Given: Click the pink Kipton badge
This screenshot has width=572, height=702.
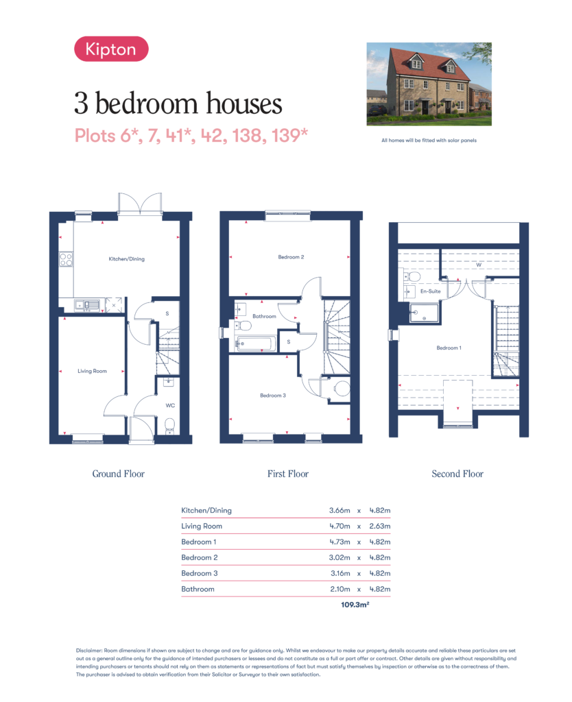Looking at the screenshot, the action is pos(111,49).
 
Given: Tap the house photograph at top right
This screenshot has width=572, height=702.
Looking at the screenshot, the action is pos(429,84).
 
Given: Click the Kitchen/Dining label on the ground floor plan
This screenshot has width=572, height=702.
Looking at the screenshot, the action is pos(127,258).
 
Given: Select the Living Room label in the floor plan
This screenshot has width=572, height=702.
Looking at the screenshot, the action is pos(93,371).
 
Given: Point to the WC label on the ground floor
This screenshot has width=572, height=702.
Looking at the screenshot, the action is pos(170,406).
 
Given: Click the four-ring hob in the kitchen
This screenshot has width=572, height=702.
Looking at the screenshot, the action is pos(66,260).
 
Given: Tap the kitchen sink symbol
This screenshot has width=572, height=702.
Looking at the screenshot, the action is pos(87,306).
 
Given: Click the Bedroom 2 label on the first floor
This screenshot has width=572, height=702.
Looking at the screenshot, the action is pos(291,257).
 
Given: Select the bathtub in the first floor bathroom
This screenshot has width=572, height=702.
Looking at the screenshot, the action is pos(254,344).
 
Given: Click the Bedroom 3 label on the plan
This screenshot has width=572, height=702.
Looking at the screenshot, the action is pos(273,396).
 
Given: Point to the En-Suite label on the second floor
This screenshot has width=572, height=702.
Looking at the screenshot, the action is pos(431,291).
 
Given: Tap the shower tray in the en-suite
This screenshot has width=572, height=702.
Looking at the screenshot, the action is pos(425,313).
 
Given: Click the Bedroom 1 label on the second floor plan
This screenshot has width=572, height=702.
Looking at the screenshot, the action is pos(449,348).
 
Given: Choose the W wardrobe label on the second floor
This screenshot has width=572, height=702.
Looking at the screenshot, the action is pos(479,265).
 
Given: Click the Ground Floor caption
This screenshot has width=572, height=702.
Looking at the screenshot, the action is pos(118,474).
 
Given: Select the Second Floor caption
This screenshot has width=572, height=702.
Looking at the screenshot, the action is pos(457,474).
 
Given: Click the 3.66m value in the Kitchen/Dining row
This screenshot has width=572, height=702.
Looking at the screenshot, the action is pos(339,510).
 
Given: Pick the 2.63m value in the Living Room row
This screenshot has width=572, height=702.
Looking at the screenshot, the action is pos(380,526).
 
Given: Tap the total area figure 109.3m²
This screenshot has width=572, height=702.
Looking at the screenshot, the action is pos(355,605).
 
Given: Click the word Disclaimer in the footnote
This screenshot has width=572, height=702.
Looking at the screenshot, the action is pos(89,651).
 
